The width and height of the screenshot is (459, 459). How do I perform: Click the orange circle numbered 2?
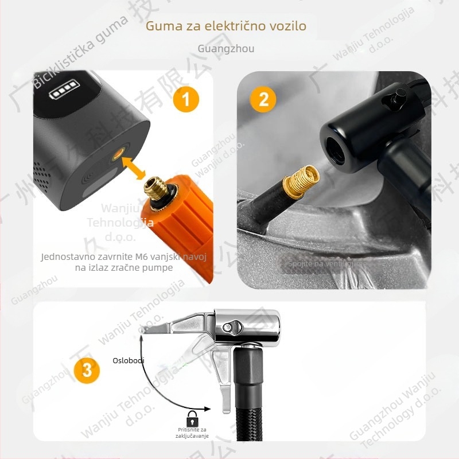coord(263,99)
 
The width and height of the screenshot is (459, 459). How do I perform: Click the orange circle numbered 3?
coord(87,369)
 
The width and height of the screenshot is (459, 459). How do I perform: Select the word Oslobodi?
coord(128,360)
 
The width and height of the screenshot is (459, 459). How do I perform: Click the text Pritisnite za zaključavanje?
coord(192,433)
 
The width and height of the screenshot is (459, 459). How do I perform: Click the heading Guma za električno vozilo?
coord(225,26)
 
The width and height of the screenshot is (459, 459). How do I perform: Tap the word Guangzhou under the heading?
coord(225,48)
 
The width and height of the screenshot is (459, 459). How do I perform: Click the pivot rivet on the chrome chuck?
coord(231,328)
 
